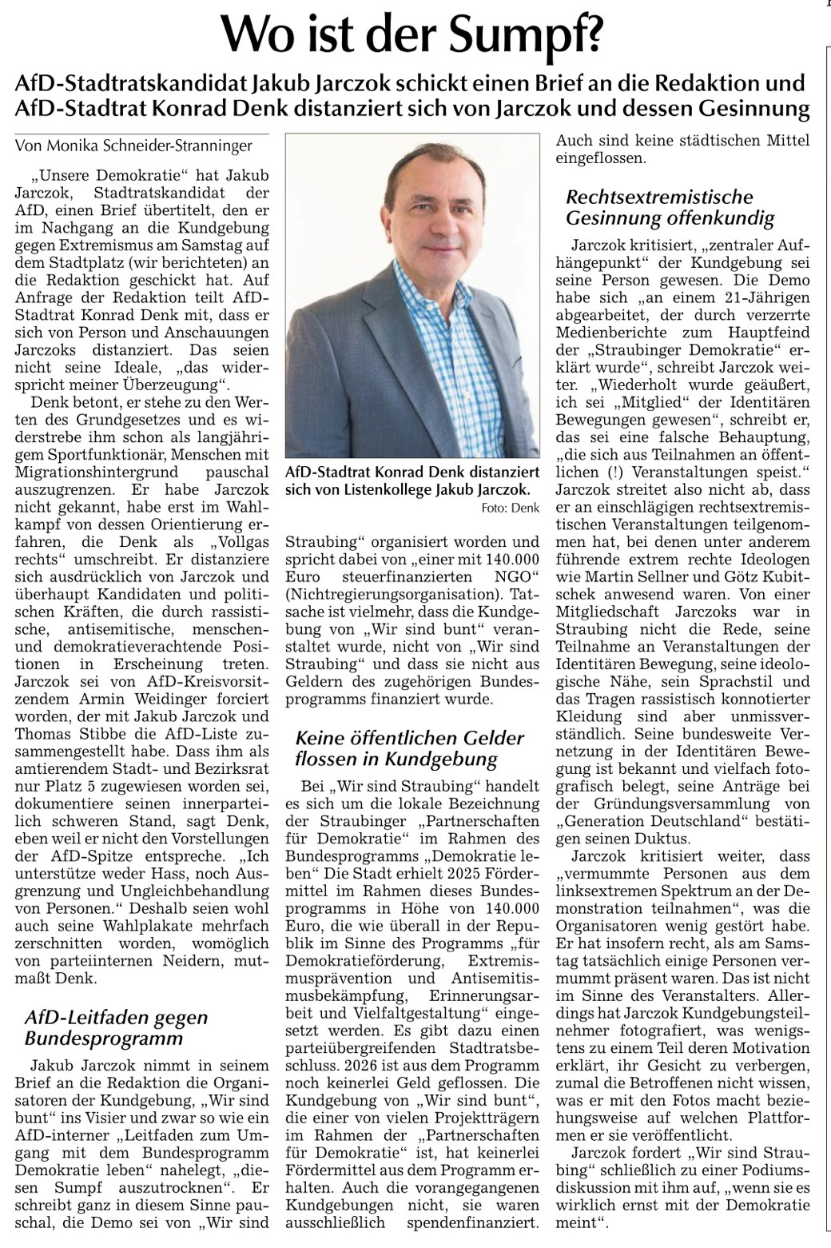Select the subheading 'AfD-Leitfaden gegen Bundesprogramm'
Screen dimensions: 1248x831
tap(116, 1028)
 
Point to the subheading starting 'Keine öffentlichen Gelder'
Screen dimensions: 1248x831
tap(409, 748)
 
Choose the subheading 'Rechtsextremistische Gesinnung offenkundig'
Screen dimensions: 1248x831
tap(670, 207)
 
